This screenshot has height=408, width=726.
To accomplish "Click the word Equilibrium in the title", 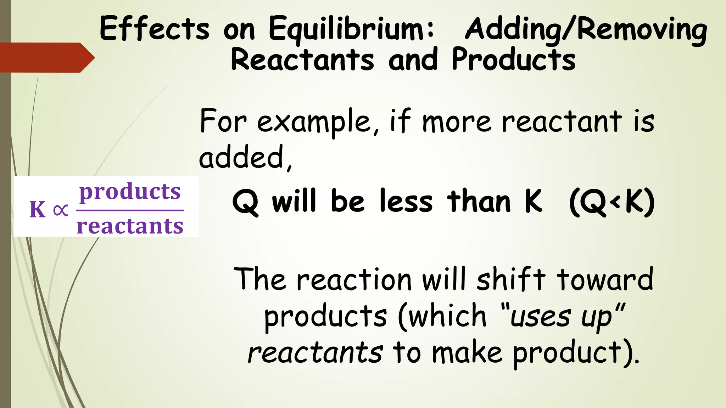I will tap(351, 29).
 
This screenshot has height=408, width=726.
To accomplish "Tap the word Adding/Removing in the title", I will tap(586, 30).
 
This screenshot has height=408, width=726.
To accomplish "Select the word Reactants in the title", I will tap(302, 59).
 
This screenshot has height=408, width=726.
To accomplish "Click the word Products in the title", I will tap(513, 59).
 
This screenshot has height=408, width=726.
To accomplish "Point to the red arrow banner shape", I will tap(46, 57).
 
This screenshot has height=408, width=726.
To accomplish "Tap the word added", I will tap(245, 157).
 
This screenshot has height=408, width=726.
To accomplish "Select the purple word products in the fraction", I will tap(130, 192).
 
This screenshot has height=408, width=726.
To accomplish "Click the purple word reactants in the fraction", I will tap(130, 226).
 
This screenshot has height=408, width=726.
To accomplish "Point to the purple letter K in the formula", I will tap(38, 209).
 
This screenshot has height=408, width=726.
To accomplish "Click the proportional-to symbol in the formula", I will tap(60, 210).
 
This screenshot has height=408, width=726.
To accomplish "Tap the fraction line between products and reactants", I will tap(130, 210).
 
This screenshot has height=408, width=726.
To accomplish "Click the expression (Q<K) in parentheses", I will tap(612, 202).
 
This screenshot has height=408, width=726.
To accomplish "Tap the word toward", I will tap(605, 279).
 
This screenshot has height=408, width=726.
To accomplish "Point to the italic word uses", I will tap(540, 316).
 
